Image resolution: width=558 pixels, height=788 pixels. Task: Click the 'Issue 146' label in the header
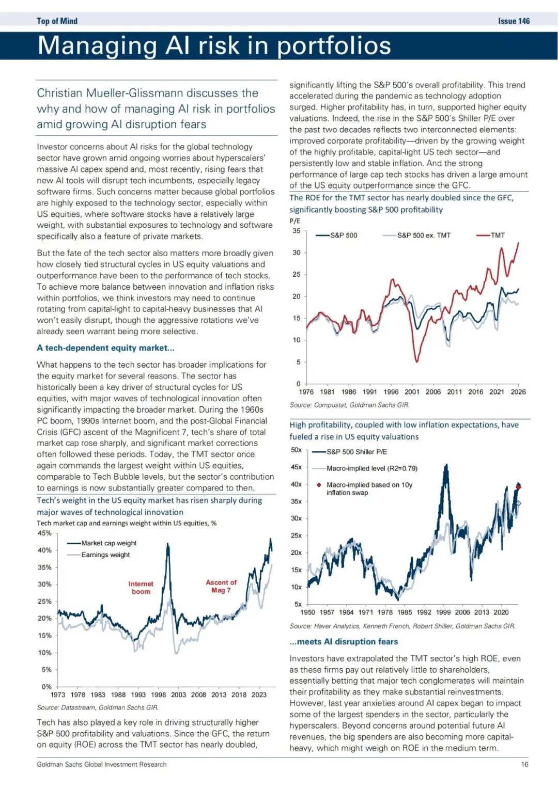point(514,21)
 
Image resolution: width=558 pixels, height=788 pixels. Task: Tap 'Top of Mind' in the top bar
point(57,21)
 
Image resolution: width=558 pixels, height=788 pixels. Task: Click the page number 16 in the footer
point(524,764)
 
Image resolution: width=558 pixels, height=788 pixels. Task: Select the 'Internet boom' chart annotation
point(141,588)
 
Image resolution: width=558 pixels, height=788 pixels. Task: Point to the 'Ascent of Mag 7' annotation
point(221,586)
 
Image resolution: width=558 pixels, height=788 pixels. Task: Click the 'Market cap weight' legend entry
point(109,543)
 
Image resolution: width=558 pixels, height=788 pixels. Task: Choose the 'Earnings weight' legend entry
point(105,555)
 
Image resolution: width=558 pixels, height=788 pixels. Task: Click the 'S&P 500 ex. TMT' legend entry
point(423,235)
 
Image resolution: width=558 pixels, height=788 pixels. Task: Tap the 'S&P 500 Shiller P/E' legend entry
point(357,452)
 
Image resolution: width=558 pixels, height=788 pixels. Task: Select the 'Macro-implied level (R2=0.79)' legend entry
point(371,468)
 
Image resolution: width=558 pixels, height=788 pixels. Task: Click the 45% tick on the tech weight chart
point(44,533)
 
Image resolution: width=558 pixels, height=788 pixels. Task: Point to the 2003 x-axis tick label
point(178,695)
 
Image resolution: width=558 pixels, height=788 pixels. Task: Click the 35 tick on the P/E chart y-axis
point(297,231)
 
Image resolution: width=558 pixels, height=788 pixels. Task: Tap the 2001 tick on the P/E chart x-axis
point(412,392)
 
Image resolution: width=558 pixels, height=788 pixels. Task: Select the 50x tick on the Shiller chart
point(296,450)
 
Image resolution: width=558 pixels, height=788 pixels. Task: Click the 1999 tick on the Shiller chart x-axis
point(443,612)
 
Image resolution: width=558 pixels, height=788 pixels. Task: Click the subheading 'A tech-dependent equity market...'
point(105,348)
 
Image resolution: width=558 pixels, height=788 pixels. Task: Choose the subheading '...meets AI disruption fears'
point(344,642)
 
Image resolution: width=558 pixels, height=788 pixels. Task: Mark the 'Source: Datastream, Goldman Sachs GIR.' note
point(98,707)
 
